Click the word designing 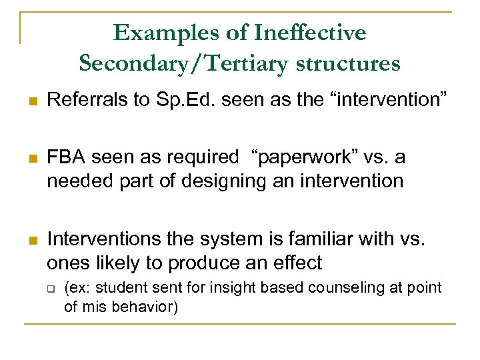tap(210, 181)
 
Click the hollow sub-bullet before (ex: tap(51, 288)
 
